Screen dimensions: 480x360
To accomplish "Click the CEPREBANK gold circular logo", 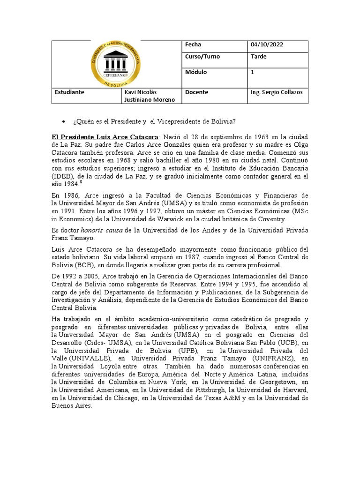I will (115, 63).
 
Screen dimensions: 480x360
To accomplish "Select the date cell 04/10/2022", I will (267, 45).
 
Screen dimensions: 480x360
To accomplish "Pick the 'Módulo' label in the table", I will (196, 72).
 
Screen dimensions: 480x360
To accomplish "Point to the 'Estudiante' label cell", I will (69, 92).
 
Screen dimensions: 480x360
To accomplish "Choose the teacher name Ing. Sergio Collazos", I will (277, 92).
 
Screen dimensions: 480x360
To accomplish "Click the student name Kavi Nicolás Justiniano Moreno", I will (149, 96).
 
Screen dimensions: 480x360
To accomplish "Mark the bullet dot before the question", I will (63, 122).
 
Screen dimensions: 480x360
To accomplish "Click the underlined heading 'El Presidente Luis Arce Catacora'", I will (105, 136).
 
